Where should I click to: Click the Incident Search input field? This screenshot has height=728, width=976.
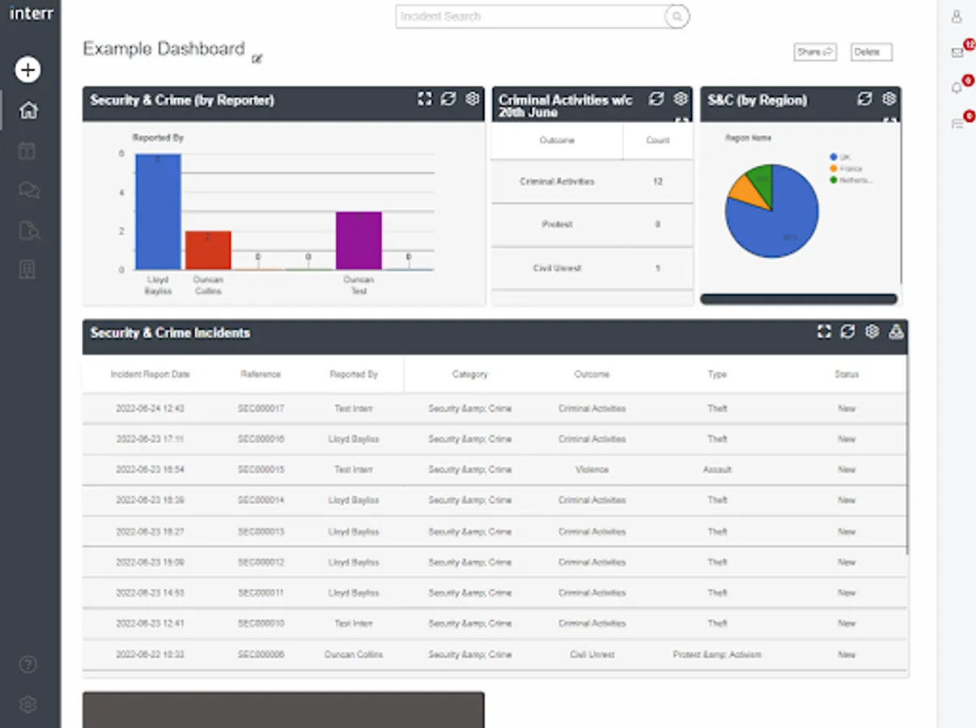coord(530,16)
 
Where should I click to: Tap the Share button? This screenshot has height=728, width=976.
coord(814,53)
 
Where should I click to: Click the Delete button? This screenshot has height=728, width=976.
coord(871,53)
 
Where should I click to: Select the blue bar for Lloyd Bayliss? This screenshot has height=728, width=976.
coord(158,211)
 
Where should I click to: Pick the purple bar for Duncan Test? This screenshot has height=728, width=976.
coord(359,240)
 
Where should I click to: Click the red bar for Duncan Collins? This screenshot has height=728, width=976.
coord(208,250)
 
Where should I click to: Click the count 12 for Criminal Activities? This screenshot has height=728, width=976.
coord(657,182)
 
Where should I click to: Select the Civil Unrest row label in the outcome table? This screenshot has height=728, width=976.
coord(557,268)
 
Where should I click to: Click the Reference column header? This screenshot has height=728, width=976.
coord(261,375)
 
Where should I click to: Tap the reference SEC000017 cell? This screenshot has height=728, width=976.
coord(261,408)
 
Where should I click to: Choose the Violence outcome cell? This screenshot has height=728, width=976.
coord(592,470)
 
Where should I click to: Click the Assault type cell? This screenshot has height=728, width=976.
coord(717,470)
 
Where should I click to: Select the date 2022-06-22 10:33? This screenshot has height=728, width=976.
coord(150,654)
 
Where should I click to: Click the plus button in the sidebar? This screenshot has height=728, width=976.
coord(28,70)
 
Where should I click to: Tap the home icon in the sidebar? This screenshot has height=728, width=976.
coord(28,110)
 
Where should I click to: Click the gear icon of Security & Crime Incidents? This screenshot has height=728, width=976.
coord(872,332)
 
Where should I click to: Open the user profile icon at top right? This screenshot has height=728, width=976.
coord(957,16)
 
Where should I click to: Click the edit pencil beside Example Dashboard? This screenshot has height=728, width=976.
coord(257,58)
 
